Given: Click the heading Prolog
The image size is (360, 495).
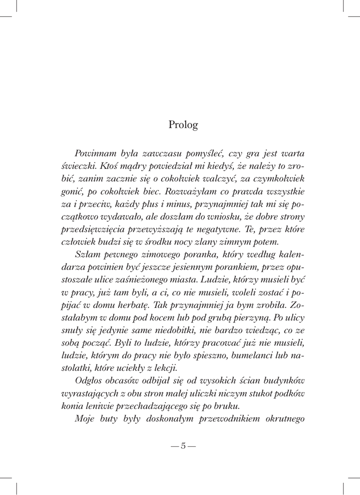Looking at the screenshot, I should click(x=183, y=125).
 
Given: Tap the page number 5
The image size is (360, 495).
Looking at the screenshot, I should click(x=183, y=446).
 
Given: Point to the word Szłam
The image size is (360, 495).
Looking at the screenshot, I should click(x=86, y=254).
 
